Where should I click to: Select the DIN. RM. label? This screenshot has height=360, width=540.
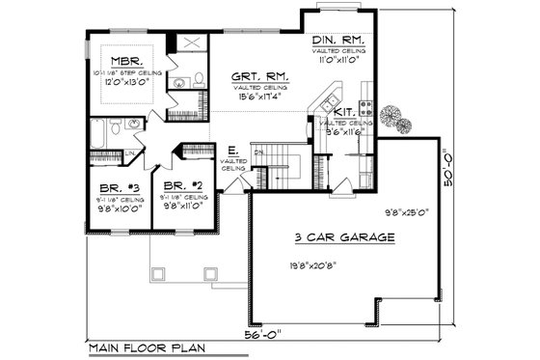(x=337, y=41)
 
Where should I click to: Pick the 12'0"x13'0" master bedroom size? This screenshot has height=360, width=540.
(x=128, y=82)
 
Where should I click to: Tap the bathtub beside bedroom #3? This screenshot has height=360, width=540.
(x=105, y=131)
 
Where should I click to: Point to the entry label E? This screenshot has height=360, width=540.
(x=231, y=151)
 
